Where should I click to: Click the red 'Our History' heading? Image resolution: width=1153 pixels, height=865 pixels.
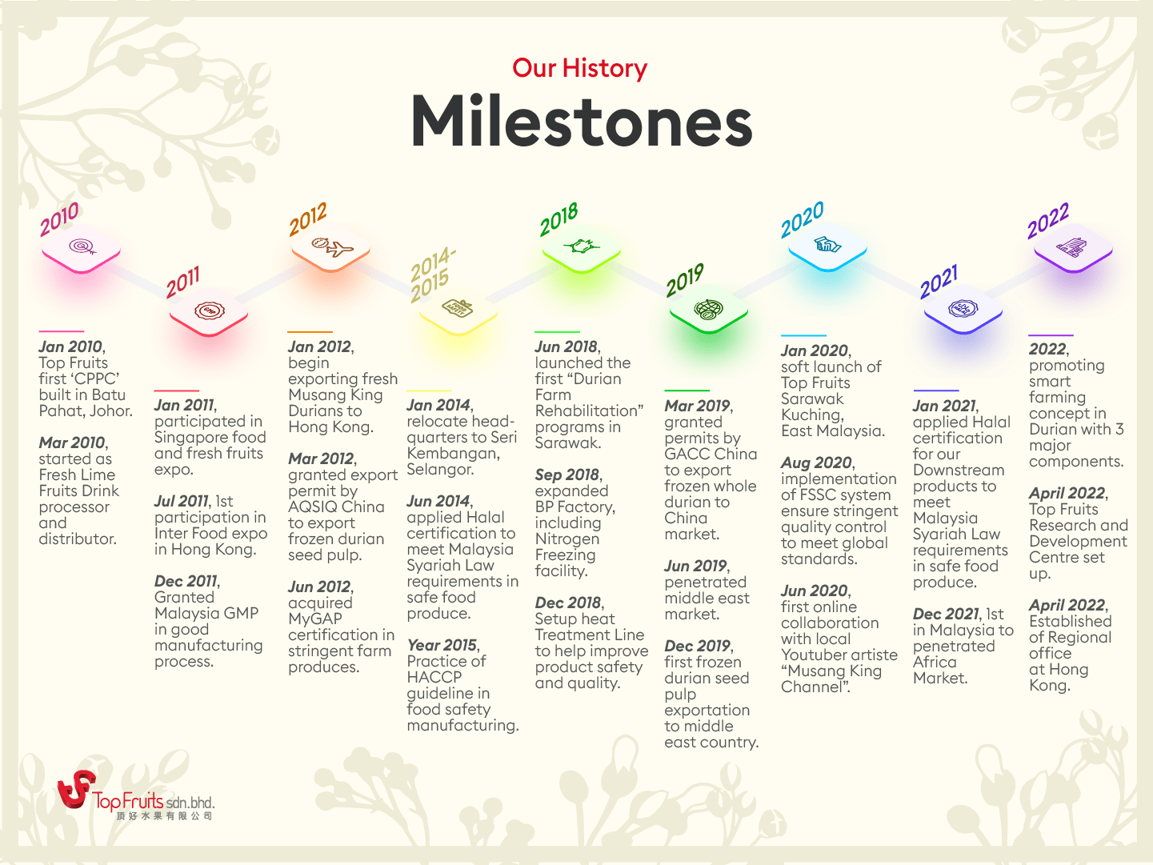(x=579, y=69)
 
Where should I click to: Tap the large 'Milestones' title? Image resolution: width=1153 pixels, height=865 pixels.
(x=582, y=122)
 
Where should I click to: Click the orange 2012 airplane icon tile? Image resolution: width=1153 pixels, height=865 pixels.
(x=330, y=248)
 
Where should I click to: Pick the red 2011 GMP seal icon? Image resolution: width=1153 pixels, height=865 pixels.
(x=209, y=311)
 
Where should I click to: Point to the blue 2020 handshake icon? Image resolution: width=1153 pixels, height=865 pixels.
(x=827, y=245)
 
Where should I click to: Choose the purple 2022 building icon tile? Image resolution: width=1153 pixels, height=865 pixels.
(x=1073, y=248)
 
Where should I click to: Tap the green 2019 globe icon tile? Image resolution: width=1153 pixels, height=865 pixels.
(x=709, y=310)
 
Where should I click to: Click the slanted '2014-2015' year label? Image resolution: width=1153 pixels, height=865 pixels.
(x=432, y=274)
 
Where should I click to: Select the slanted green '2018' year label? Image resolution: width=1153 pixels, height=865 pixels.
(x=558, y=219)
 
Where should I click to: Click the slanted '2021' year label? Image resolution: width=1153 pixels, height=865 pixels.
(x=939, y=282)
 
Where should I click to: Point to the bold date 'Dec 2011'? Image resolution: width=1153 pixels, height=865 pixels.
(x=186, y=581)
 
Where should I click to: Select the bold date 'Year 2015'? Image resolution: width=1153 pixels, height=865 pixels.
(x=442, y=645)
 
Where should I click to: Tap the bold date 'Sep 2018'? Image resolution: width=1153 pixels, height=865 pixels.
(x=567, y=475)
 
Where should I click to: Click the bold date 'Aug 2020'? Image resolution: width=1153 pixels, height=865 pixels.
(x=816, y=463)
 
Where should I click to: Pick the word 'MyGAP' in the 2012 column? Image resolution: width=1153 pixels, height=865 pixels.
(x=315, y=619)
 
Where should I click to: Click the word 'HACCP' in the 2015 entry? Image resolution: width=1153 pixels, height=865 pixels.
(x=434, y=677)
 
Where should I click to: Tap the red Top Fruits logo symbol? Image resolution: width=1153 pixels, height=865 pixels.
(x=76, y=788)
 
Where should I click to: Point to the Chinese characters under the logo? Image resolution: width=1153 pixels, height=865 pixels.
(x=164, y=816)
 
